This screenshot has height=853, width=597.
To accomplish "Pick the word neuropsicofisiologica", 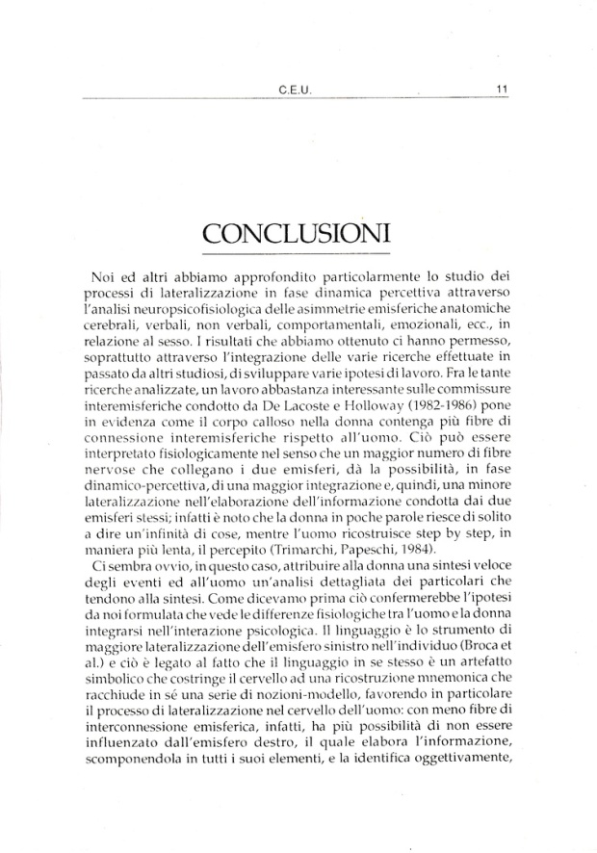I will (193, 306).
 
